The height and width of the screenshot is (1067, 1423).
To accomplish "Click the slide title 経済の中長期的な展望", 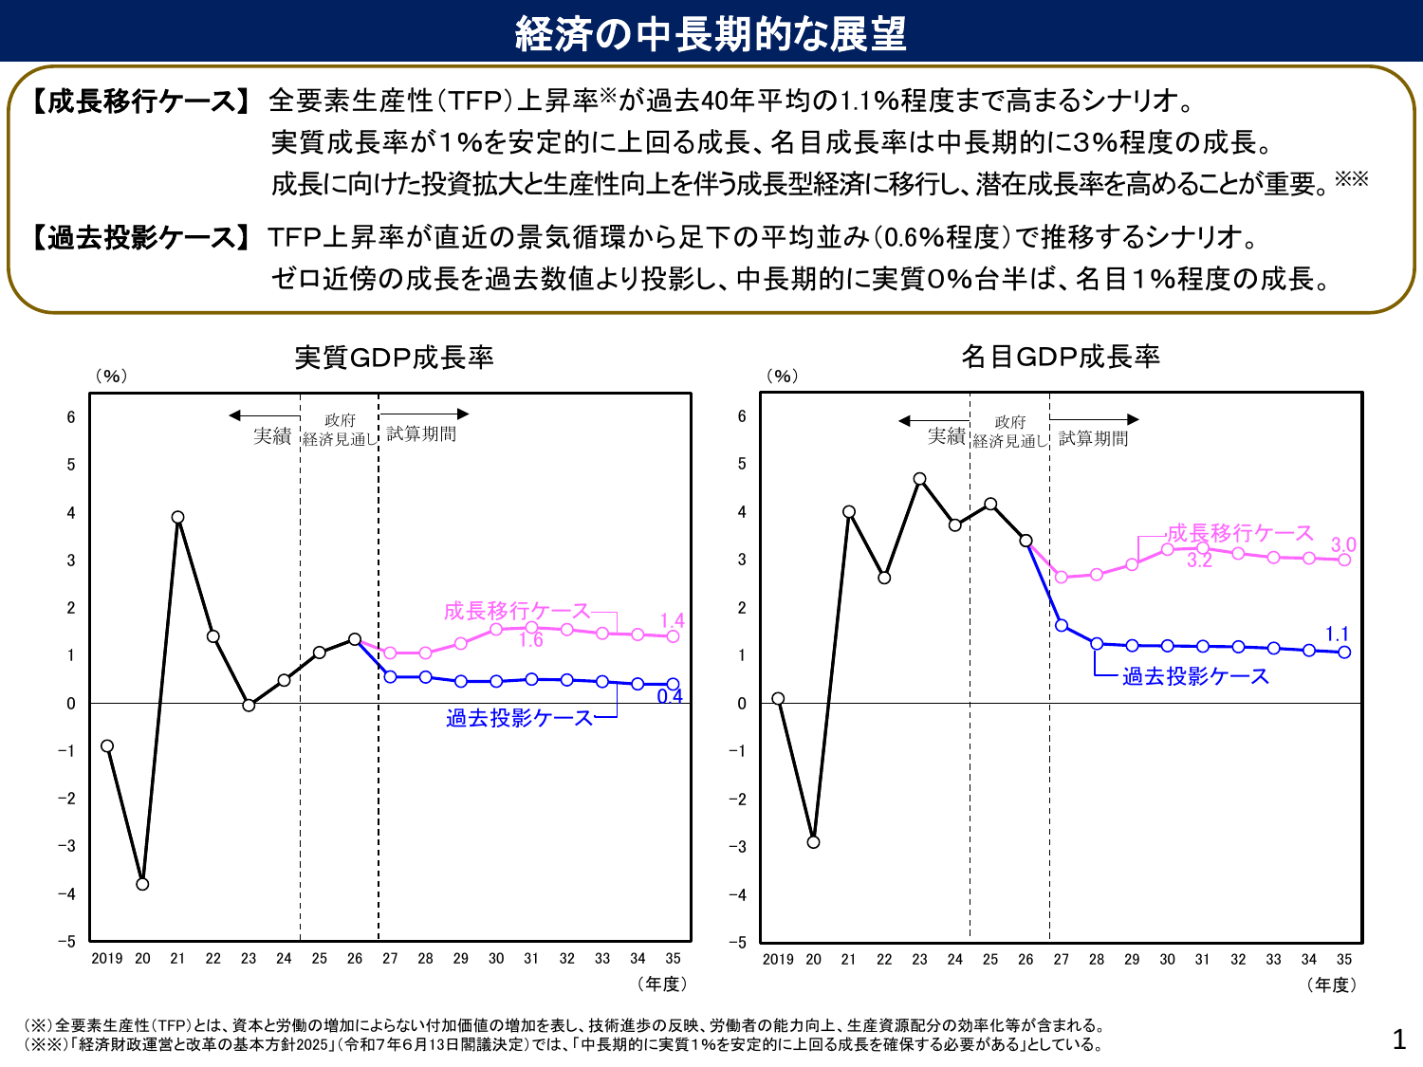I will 711,33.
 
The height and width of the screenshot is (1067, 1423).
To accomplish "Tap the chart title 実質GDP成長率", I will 394,358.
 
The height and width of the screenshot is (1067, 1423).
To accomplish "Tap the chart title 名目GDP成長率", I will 1061,357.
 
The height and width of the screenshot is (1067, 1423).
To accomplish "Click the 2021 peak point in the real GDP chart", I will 177,518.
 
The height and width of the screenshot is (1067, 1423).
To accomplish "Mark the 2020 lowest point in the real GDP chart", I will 142,884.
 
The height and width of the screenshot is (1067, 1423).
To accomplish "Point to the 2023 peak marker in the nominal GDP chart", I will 919,479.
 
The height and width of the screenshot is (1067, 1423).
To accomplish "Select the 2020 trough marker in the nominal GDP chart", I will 813,842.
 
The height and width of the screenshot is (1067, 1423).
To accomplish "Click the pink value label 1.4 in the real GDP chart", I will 672,621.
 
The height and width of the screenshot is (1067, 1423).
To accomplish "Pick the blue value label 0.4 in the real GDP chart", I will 670,696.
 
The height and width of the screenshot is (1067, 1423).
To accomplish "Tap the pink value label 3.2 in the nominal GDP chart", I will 1199,561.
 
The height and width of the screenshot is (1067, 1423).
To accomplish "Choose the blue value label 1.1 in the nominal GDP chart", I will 1337,634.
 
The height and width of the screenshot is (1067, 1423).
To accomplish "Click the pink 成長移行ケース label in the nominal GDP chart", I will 1240,533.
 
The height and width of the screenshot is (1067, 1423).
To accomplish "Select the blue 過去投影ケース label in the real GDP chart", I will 519,718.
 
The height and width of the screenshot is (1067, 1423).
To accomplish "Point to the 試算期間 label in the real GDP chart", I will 421,433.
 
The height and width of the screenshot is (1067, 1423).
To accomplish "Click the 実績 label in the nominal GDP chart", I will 946,436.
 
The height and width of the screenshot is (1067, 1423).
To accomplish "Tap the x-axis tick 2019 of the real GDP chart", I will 107,959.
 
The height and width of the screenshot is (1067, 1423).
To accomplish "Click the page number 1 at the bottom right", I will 1398,1039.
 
